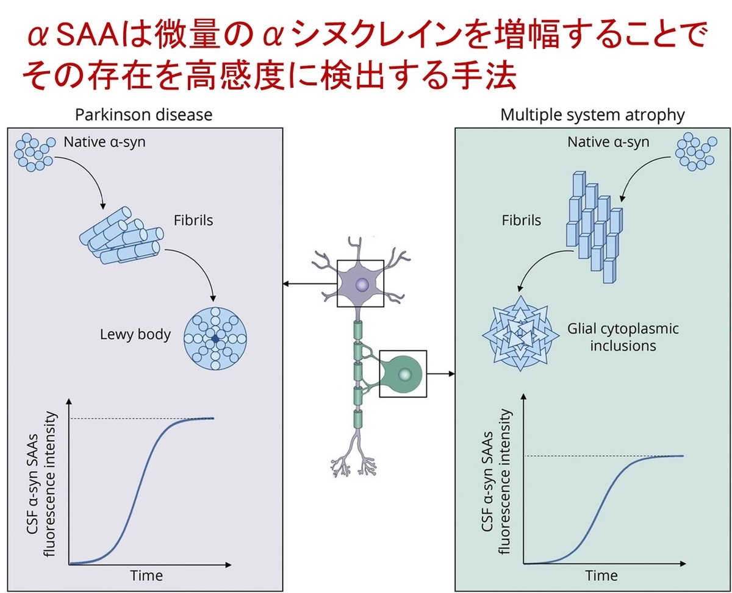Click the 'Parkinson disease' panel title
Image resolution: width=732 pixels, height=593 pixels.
(143, 115)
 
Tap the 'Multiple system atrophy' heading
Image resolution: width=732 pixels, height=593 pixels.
(592, 115)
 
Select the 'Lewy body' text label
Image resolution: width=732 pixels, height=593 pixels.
(135, 334)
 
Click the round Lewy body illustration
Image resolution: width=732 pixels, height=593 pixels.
(215, 339)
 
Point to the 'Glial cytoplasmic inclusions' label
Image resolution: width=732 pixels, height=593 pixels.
(623, 337)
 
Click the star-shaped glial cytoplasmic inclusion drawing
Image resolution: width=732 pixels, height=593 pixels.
(520, 333)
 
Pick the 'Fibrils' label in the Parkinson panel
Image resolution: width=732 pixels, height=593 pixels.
(193, 220)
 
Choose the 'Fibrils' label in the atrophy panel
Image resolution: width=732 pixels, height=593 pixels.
(521, 220)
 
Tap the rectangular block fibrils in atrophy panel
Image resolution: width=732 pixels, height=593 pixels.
(595, 227)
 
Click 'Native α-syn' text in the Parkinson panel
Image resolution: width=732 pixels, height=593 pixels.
(104, 142)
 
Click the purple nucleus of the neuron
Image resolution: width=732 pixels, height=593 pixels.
(362, 284)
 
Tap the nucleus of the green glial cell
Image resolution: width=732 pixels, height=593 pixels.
(405, 374)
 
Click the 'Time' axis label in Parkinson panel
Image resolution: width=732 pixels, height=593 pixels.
(146, 575)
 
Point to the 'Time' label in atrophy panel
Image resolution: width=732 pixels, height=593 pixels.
(601, 575)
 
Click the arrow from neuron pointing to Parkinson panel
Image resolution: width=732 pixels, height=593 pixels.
(310, 283)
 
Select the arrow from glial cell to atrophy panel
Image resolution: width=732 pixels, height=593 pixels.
(440, 374)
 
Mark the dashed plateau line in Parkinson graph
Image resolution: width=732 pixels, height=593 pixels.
(142, 419)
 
